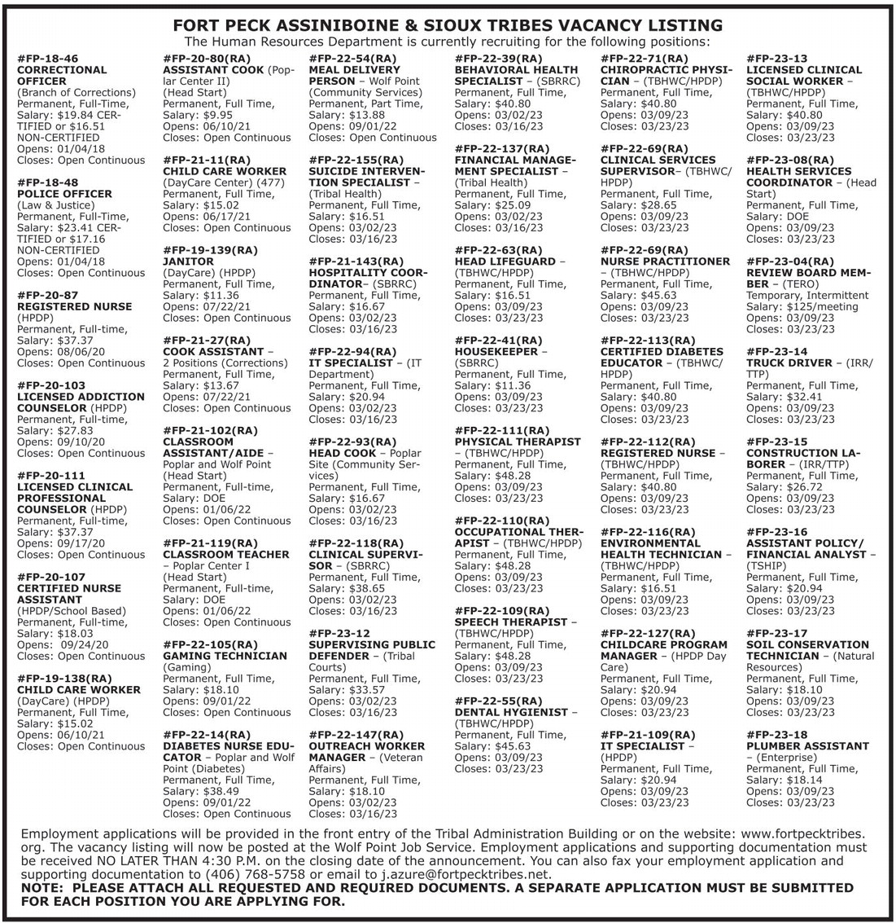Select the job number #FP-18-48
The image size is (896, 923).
pos(47,182)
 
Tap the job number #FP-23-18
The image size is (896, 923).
pos(776,734)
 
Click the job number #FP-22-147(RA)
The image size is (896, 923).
pos(356,734)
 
